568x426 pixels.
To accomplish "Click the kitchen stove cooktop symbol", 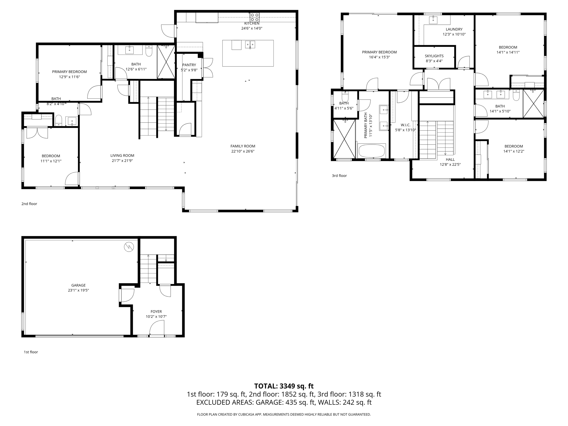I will click(x=254, y=17).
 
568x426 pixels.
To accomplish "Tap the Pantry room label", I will click(x=189, y=65).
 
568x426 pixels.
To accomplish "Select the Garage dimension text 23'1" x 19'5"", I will click(x=78, y=290).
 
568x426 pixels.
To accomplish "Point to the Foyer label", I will click(x=156, y=311).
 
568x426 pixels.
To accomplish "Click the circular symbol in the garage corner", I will click(x=129, y=247).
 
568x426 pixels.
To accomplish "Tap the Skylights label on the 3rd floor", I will click(x=434, y=56).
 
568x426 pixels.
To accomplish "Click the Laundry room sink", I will click(x=433, y=20).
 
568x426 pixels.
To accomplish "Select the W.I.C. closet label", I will click(x=405, y=125).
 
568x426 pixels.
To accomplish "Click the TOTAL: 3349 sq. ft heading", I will click(x=284, y=386).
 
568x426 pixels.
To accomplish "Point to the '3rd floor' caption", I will click(x=339, y=176).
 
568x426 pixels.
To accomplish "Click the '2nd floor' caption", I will click(x=29, y=204).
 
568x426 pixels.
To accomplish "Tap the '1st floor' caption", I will click(x=31, y=352).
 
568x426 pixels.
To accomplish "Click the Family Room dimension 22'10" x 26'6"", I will click(x=243, y=151).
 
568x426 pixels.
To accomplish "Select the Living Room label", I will click(x=122, y=156).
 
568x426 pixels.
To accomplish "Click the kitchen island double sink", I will click(x=250, y=44).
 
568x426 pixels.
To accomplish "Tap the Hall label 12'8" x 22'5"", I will click(x=450, y=162).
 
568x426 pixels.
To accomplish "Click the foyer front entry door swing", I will click(x=157, y=328).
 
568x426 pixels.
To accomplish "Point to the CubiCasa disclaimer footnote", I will click(x=284, y=414).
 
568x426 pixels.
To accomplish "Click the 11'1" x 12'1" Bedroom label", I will click(x=51, y=158).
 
